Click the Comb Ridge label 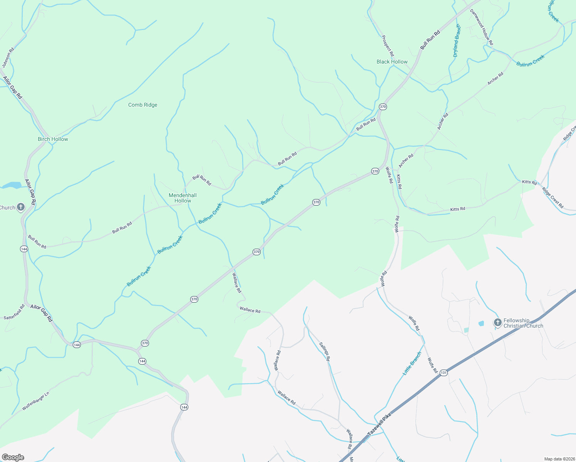point(142,105)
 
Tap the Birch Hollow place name point(53,139)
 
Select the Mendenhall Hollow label point(183,198)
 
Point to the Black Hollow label point(392,62)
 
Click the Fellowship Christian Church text point(523,323)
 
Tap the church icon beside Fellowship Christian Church point(497,322)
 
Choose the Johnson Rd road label point(8,57)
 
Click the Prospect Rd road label point(387,46)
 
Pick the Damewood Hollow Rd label point(481,27)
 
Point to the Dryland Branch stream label point(457,40)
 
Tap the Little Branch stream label point(412,363)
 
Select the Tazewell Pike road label point(379,425)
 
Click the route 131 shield point(444,373)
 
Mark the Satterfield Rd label point(14,312)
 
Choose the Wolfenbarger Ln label point(36,401)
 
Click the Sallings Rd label point(325,352)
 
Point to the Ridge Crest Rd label point(553,198)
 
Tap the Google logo point(13,457)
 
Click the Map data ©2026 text point(559,459)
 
